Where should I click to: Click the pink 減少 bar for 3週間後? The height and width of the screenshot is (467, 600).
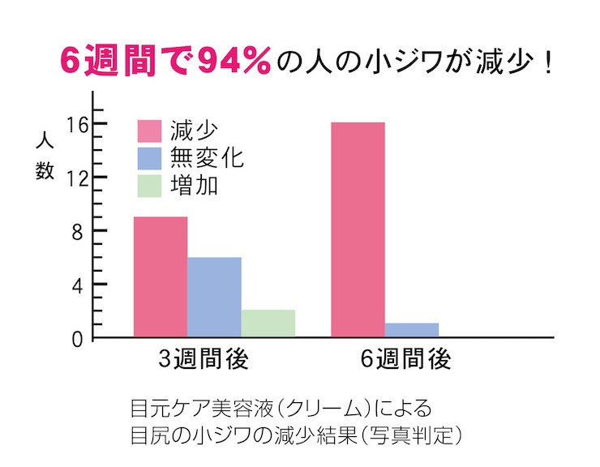click(161, 276)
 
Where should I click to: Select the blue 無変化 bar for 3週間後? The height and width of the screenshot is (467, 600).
click(214, 297)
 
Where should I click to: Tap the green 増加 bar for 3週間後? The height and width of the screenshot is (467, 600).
click(268, 323)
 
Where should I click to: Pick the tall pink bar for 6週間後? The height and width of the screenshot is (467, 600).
click(358, 229)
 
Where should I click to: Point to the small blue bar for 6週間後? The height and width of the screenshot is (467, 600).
click(412, 330)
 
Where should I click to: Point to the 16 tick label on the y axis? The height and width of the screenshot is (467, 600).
click(76, 124)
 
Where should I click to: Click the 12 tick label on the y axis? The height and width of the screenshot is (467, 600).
click(76, 178)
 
